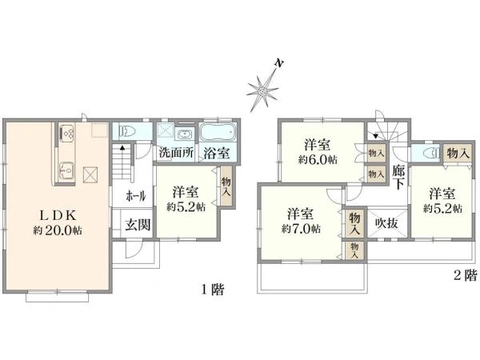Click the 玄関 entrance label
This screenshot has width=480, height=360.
click(x=136, y=225)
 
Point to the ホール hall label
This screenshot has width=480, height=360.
click(x=136, y=194)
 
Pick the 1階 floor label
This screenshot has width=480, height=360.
click(x=213, y=290)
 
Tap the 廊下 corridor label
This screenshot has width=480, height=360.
click(x=398, y=177)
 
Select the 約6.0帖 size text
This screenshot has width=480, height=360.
click(x=318, y=160)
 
